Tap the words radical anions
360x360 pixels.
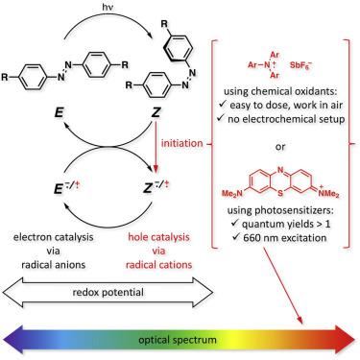point(52,260)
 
